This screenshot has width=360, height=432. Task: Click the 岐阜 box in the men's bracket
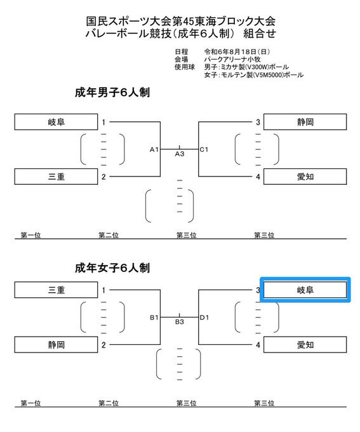tap(56, 122)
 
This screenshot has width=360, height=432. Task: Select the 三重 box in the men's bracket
tap(56, 177)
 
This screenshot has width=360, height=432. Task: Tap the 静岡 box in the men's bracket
tap(305, 122)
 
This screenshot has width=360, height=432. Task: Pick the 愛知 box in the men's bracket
tap(305, 177)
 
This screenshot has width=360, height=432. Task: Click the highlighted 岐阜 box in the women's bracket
tap(305, 290)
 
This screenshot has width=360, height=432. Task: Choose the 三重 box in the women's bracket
tap(56, 290)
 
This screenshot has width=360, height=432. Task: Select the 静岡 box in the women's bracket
tap(56, 345)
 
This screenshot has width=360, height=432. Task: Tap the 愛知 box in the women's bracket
tap(305, 345)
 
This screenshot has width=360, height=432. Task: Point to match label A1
tap(154, 149)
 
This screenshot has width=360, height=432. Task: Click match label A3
tap(180, 154)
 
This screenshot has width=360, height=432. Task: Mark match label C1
tap(204, 149)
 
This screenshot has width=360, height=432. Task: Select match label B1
tap(154, 318)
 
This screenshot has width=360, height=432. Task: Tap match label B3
tap(180, 322)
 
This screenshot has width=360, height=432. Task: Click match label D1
tap(204, 318)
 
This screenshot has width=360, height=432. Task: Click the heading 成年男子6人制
tap(112, 92)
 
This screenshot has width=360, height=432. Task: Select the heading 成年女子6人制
tap(112, 268)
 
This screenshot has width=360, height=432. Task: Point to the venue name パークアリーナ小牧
tap(232, 59)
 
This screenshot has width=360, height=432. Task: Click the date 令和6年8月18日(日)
tap(237, 51)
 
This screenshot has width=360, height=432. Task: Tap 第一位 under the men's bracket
tap(31, 235)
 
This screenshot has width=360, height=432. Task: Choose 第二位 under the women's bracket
tap(109, 403)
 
